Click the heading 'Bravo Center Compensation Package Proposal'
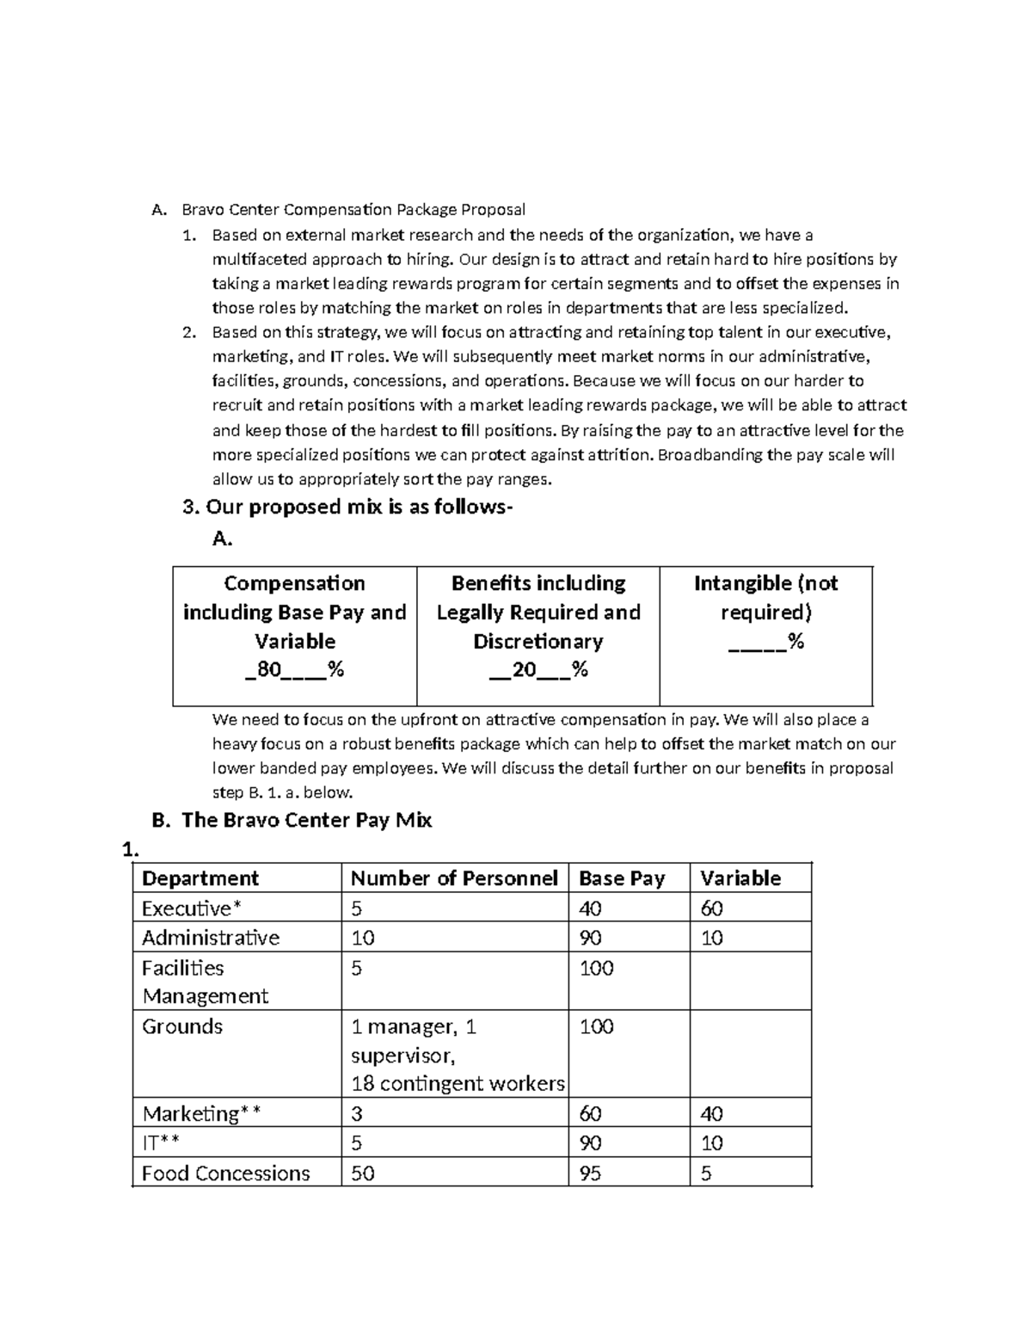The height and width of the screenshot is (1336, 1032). coord(353,209)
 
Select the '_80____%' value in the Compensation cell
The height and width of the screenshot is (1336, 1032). coord(294,670)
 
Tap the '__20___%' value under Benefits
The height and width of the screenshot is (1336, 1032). coord(538,670)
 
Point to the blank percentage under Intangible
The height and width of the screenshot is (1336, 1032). coord(765,642)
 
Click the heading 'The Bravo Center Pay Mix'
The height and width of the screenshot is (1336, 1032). coord(306,820)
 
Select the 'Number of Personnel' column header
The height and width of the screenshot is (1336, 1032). coord(454,878)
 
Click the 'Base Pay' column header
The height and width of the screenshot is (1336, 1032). coord(622,878)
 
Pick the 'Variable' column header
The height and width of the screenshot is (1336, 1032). coord(740,878)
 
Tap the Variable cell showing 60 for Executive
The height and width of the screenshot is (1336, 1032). coord(712,908)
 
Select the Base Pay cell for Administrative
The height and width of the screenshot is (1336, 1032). coord(591,938)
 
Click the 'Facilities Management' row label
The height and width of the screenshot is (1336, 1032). coord(205,982)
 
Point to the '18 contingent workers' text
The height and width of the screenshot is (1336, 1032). coord(458,1084)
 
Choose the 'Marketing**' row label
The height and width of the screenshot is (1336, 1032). coord(201,1114)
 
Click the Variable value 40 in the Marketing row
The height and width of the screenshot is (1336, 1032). coord(712,1114)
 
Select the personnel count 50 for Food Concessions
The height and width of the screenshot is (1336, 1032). coord(363,1173)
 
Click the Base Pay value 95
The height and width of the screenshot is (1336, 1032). coord(591,1173)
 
